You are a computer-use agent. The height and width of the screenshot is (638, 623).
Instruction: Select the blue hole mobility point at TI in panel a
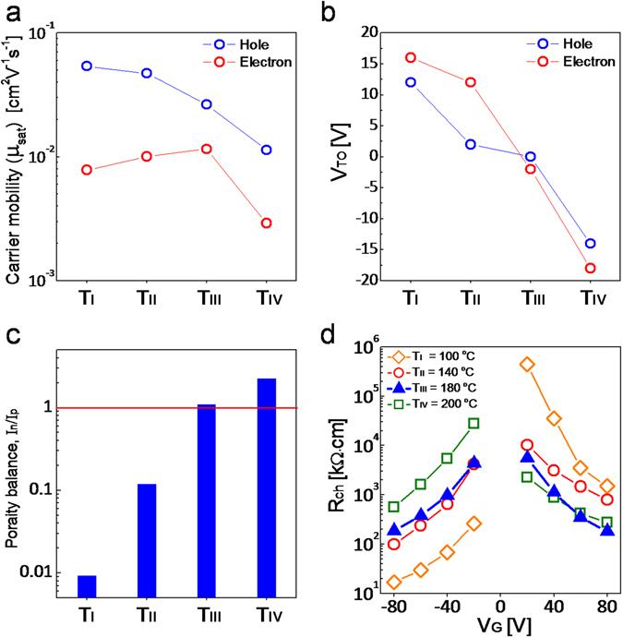[x=87, y=66]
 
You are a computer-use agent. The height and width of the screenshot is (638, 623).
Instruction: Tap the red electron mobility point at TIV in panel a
[x=267, y=223]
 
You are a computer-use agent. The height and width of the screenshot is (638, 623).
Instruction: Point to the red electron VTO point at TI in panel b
[x=411, y=57]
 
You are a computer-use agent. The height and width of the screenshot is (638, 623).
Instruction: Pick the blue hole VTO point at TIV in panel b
[x=590, y=244]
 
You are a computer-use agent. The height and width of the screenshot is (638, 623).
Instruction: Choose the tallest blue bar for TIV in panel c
[x=267, y=488]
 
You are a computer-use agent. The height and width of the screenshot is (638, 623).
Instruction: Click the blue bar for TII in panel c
[x=147, y=540]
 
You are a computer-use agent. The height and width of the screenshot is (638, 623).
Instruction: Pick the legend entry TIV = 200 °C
[x=437, y=403]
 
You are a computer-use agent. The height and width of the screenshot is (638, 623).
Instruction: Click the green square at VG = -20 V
[x=473, y=423]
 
